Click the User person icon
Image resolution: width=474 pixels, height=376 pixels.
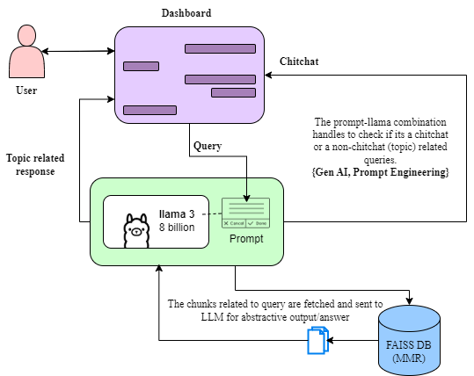click(26, 54)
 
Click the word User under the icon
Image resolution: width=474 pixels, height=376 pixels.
click(26, 90)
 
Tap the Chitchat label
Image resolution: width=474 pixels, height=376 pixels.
click(298, 61)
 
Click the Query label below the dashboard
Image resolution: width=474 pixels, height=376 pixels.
click(208, 145)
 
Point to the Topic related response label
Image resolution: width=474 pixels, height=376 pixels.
click(36, 164)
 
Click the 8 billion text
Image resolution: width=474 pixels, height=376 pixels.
click(179, 227)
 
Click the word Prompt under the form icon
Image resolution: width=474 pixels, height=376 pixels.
click(245, 239)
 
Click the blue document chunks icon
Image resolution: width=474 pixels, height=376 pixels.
click(317, 340)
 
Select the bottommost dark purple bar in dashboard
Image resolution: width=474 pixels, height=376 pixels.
click(149, 110)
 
